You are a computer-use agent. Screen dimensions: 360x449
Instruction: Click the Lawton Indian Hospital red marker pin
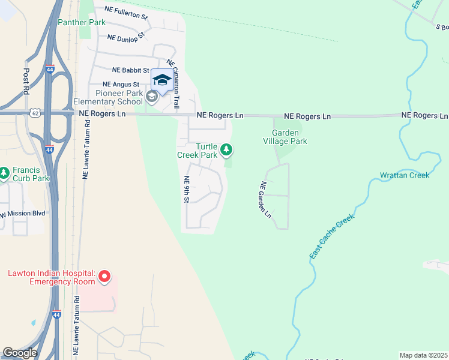104,277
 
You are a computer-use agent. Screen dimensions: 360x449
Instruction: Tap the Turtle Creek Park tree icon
226,149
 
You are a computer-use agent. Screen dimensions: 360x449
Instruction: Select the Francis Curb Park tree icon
5,173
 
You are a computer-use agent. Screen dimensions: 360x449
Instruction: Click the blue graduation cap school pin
161,80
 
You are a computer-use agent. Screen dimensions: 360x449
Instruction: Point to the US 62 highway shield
35,112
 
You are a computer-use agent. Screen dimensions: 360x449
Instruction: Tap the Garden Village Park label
289,137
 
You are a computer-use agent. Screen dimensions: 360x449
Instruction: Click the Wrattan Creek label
404,175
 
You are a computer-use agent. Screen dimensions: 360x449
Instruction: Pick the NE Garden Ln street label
265,200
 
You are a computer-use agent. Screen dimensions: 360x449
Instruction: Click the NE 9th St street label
187,190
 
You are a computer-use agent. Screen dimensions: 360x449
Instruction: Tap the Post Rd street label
26,80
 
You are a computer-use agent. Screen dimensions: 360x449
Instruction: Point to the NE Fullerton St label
125,11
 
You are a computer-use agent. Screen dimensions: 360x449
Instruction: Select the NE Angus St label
121,85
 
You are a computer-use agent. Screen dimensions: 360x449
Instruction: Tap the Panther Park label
82,22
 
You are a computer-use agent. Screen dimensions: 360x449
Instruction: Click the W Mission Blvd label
23,213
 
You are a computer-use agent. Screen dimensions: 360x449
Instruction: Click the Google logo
20,353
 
